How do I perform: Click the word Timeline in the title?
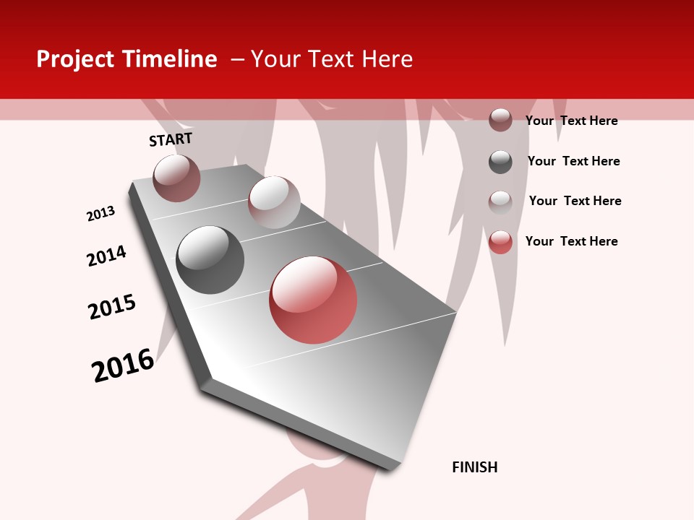click(x=170, y=59)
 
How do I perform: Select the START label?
click(x=171, y=139)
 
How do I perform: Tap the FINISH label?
click(x=475, y=467)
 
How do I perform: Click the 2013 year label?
click(x=101, y=214)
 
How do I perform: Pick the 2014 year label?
click(x=106, y=256)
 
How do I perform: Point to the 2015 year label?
click(x=112, y=307)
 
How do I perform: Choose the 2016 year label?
click(x=123, y=365)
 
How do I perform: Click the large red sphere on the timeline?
click(x=313, y=300)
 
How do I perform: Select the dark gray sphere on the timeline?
click(x=210, y=260)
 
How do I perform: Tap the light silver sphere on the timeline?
click(x=274, y=202)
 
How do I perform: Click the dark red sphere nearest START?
click(x=176, y=178)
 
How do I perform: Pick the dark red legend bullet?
click(x=500, y=120)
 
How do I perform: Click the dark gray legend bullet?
click(x=500, y=162)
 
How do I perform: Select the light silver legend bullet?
click(x=500, y=201)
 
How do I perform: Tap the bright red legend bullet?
click(x=500, y=242)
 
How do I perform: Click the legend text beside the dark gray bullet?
click(x=574, y=161)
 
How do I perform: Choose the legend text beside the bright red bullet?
click(x=572, y=241)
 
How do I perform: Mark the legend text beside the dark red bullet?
click(x=572, y=121)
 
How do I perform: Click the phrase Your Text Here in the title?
click(x=332, y=59)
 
